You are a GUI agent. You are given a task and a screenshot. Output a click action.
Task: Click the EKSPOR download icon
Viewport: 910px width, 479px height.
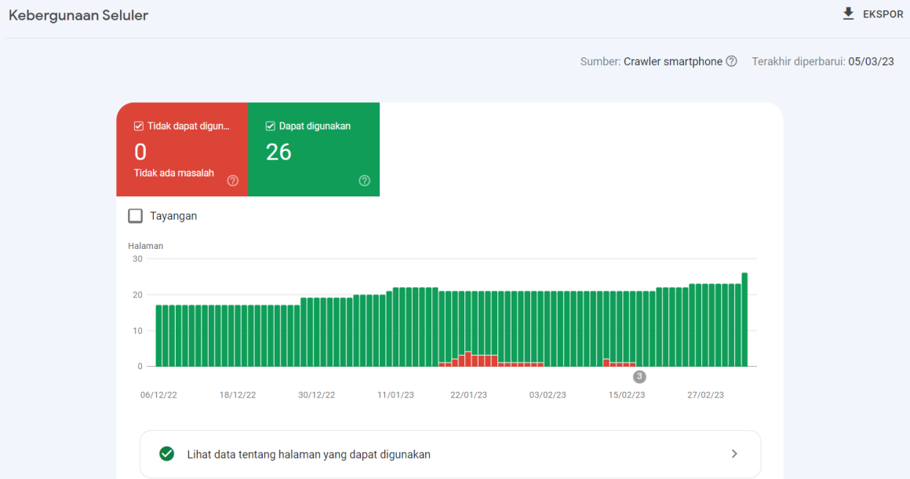848,14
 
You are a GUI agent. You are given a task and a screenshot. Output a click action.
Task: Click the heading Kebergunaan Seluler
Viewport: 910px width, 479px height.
78,15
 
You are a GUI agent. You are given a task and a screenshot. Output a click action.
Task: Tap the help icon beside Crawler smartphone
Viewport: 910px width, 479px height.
731,61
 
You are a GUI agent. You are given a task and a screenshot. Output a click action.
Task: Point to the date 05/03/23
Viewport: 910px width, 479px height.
871,61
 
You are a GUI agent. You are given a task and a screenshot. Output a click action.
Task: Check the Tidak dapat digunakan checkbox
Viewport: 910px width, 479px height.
139,126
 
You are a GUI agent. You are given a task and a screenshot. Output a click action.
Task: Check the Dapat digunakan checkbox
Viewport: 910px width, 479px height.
271,126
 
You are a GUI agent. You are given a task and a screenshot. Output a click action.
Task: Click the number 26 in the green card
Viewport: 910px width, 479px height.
278,152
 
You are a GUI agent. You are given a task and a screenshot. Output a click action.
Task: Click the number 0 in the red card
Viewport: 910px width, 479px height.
140,152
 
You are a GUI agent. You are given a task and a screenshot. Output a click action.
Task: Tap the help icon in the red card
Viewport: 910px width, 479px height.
232,181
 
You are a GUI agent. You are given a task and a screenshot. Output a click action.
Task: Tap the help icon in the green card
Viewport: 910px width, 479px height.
364,181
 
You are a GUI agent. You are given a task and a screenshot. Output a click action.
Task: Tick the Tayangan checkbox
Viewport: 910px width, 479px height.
135,216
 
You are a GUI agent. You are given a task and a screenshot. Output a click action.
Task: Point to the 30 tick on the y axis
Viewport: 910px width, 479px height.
137,258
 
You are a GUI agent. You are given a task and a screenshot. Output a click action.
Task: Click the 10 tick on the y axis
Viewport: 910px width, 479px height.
137,331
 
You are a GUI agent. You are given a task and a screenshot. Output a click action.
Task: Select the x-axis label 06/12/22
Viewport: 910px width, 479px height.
158,395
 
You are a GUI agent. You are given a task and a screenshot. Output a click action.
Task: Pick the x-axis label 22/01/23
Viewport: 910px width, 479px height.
468,395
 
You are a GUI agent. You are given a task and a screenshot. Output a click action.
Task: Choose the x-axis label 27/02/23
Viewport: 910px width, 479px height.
705,395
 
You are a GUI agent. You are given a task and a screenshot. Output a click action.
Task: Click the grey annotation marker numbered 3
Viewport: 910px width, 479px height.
639,377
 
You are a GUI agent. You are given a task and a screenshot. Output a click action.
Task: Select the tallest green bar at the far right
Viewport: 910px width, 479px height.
744,319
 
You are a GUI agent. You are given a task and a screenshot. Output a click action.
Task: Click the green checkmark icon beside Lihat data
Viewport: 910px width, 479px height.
166,454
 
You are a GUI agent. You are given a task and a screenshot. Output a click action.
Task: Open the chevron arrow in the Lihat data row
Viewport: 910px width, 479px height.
734,454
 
